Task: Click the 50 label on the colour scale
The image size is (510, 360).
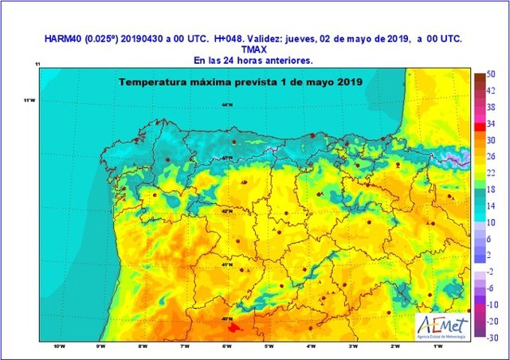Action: click(492, 73)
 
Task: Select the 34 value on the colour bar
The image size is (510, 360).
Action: click(492, 123)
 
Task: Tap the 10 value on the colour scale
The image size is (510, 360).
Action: click(492, 223)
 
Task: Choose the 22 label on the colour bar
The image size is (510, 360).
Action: click(492, 173)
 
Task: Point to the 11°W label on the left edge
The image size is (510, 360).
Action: click(30, 100)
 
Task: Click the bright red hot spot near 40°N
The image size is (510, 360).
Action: click(232, 327)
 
